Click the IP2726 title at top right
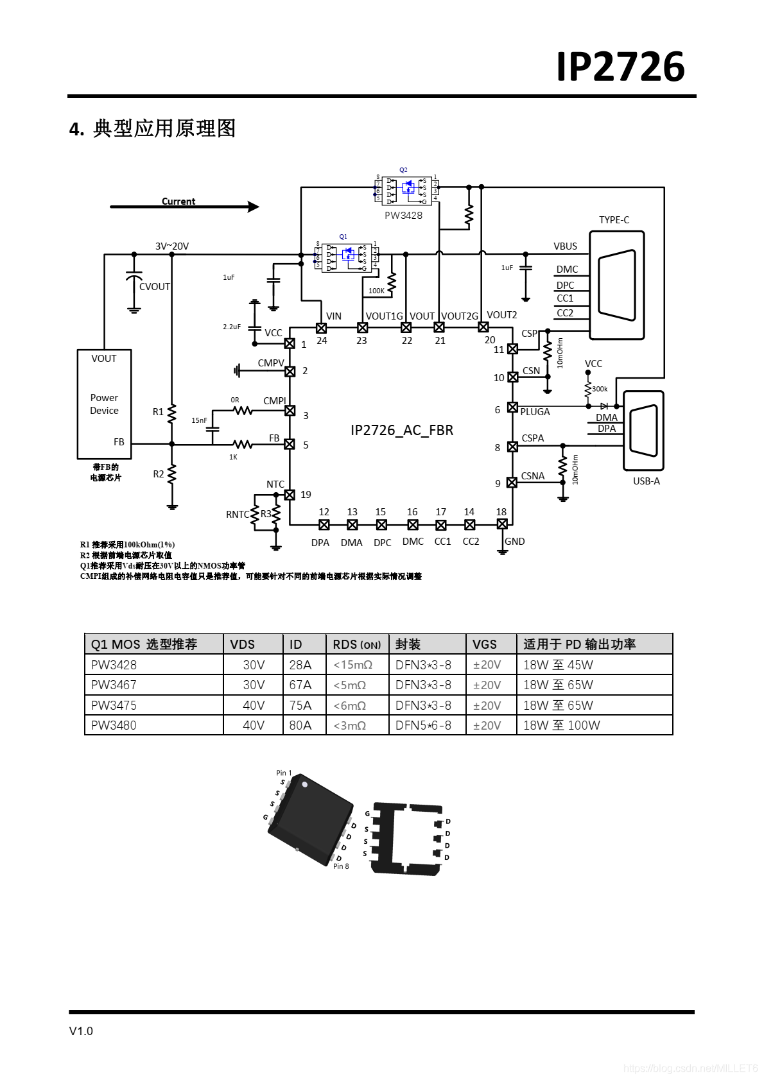[x=620, y=67]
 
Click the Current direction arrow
[x=185, y=207]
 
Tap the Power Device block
[x=104, y=404]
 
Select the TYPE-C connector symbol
[x=616, y=286]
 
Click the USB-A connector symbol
[x=644, y=431]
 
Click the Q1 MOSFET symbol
[x=347, y=257]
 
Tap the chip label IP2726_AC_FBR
[x=402, y=430]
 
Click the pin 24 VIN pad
[x=321, y=328]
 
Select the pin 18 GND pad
[x=502, y=524]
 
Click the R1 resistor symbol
[x=171, y=413]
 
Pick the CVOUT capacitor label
[x=155, y=287]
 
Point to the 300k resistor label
[x=600, y=389]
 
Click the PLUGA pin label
[x=535, y=412]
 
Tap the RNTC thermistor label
[x=237, y=515]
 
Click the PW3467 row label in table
[x=114, y=685]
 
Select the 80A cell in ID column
[x=300, y=725]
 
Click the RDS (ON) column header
[x=356, y=644]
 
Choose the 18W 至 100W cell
[x=561, y=725]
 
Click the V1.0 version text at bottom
[x=81, y=1031]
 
